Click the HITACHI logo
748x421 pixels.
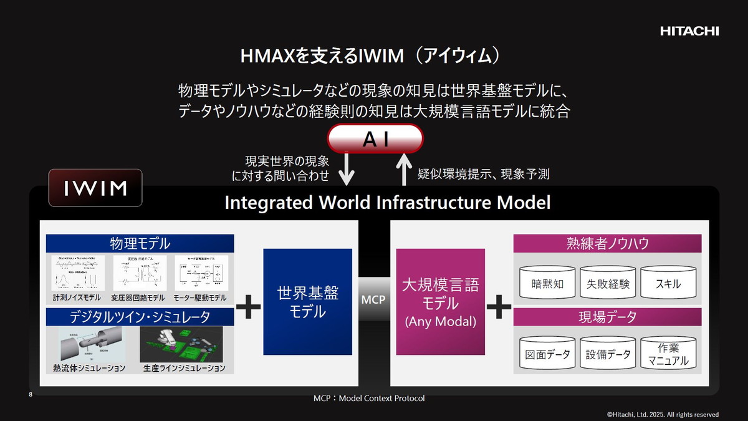pyautogui.click(x=689, y=31)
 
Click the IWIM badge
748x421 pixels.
pyautogui.click(x=95, y=187)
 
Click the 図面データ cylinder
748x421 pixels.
pyautogui.click(x=548, y=354)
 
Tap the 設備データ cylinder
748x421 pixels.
pyautogui.click(x=608, y=354)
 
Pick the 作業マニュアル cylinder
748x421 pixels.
pyautogui.click(x=668, y=354)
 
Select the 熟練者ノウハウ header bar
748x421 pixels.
pyautogui.click(x=607, y=243)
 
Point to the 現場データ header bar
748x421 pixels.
pyautogui.click(x=607, y=317)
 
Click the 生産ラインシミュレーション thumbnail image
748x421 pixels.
pyautogui.click(x=182, y=344)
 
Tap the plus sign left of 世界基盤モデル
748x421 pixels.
pyautogui.click(x=248, y=307)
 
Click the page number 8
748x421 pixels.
pyautogui.click(x=31, y=394)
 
